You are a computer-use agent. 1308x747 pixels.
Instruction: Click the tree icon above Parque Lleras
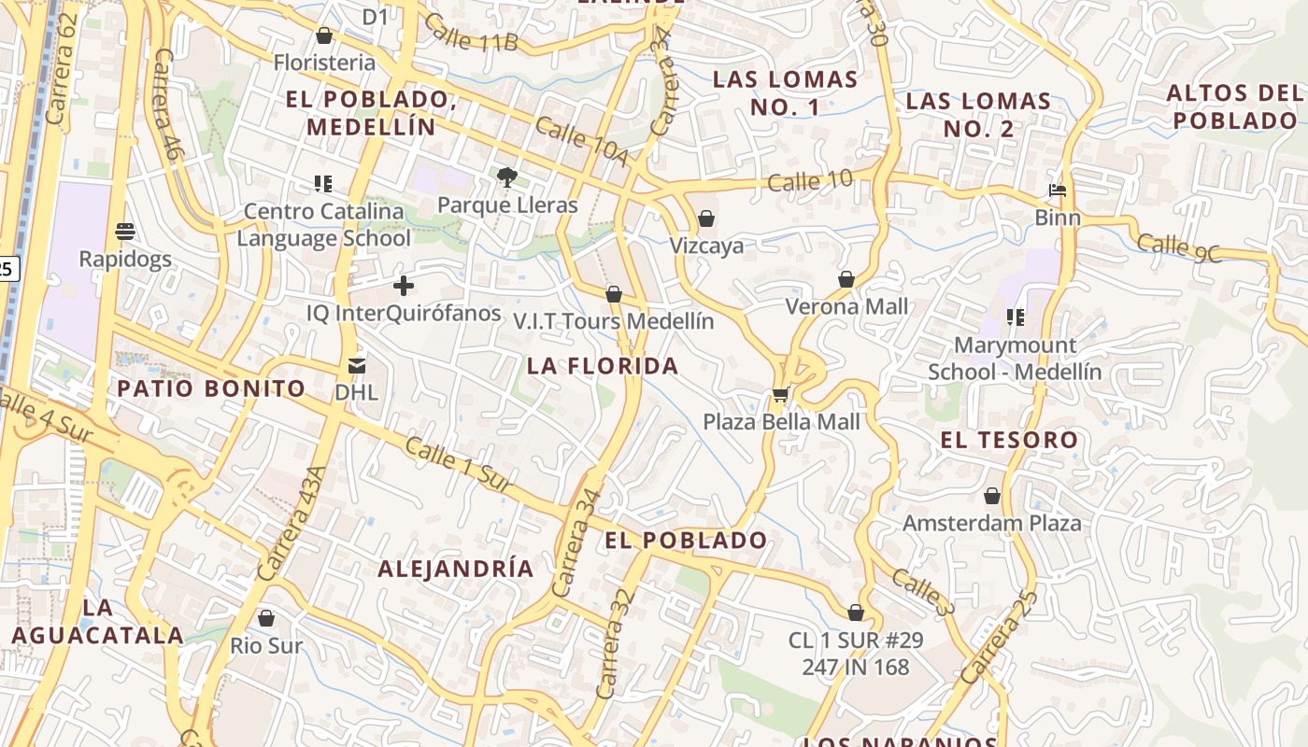(x=506, y=176)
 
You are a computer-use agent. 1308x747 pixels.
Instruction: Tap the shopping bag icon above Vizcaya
(x=706, y=218)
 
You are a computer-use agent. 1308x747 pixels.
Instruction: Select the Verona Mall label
(x=846, y=306)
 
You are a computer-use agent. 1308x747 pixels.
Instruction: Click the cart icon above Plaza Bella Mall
(x=780, y=395)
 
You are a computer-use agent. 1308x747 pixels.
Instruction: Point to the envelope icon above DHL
(x=357, y=365)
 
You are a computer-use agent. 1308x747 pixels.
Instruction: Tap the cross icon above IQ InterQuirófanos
(x=404, y=285)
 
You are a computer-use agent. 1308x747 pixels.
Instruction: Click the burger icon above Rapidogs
(x=125, y=231)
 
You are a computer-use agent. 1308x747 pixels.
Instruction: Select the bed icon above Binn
(x=1058, y=190)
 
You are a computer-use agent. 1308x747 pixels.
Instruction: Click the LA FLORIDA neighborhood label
(x=603, y=366)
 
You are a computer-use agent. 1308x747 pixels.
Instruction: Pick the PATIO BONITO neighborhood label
(x=211, y=388)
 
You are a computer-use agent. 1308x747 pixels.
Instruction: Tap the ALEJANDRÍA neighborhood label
(x=456, y=569)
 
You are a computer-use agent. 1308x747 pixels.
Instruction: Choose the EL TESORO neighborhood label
(x=1009, y=440)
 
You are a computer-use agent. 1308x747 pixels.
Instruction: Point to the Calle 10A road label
(x=581, y=141)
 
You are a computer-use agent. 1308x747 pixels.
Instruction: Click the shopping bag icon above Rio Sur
(x=266, y=618)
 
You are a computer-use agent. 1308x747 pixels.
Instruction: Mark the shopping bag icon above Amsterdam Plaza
(x=992, y=496)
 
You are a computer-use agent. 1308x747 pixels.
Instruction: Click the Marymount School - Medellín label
(x=1015, y=359)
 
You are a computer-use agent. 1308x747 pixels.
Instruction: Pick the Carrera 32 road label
(x=614, y=644)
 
